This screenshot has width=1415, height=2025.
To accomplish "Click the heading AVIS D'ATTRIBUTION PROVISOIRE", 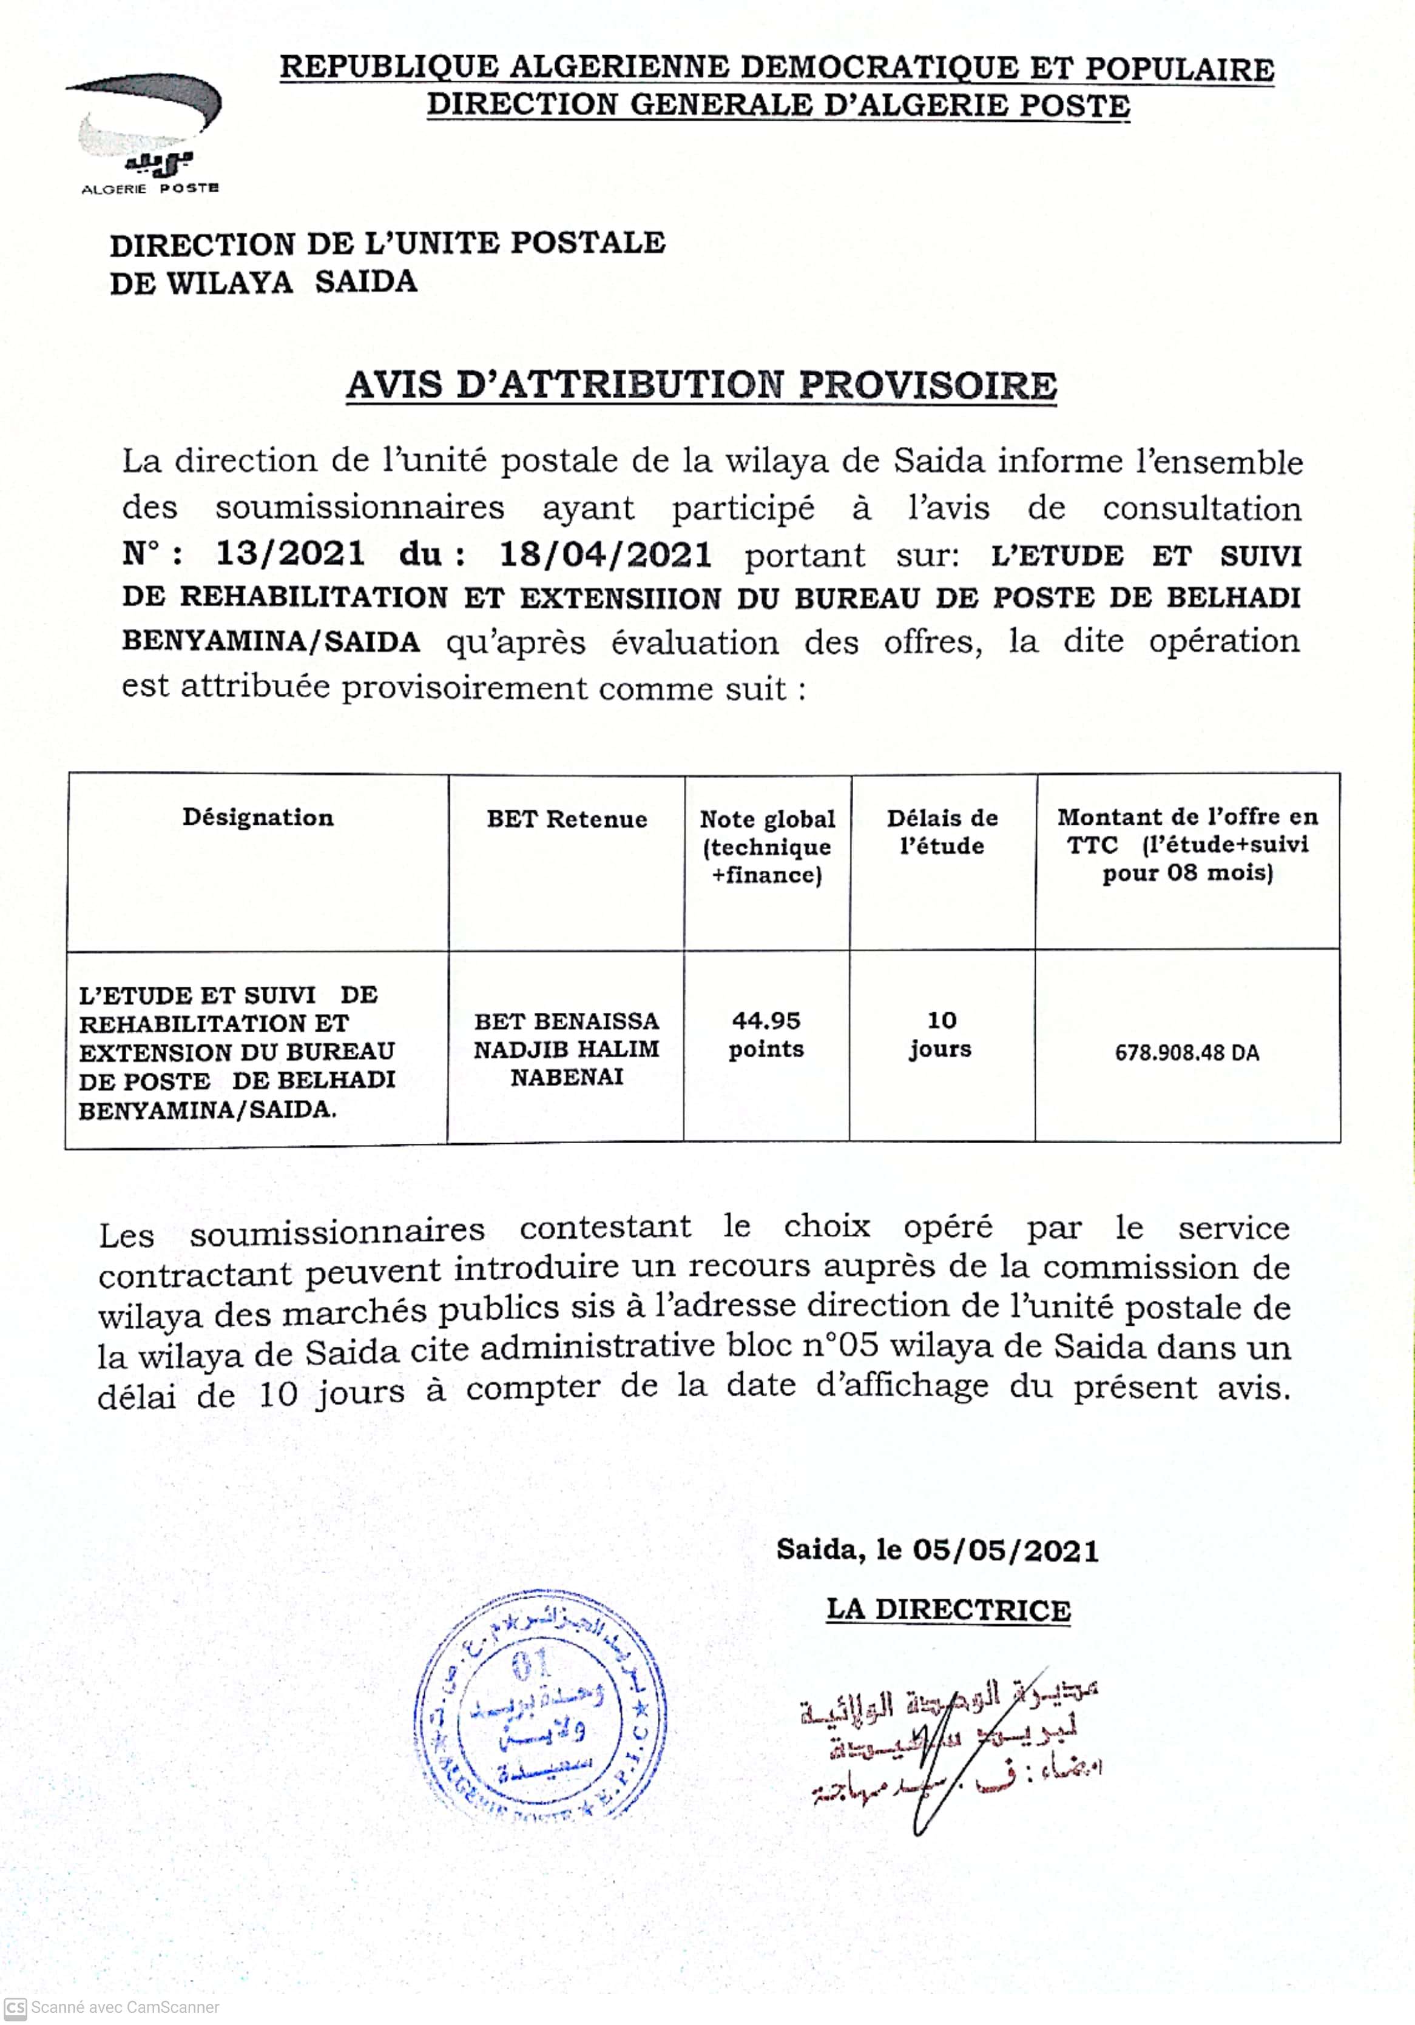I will click(x=701, y=386).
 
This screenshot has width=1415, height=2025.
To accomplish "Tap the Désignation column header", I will click(x=258, y=818).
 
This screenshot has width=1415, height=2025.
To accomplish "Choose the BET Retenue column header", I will click(x=566, y=819).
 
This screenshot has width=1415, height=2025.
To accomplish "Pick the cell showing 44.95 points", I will click(x=766, y=1035).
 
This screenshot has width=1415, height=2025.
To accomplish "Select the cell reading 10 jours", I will click(x=941, y=1035).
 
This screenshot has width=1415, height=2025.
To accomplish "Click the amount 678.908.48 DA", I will click(x=1186, y=1052).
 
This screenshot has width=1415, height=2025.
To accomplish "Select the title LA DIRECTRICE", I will click(x=948, y=1610).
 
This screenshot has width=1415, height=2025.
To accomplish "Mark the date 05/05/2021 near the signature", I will click(x=1005, y=1551).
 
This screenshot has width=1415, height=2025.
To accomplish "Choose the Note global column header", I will click(x=766, y=846).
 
